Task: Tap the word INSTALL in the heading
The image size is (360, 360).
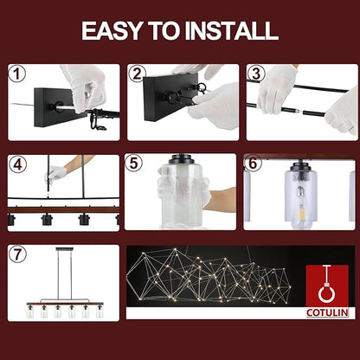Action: (231, 30)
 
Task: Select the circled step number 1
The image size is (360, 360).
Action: (17, 74)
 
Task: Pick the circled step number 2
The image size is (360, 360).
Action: (137, 74)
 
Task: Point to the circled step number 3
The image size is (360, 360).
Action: (256, 74)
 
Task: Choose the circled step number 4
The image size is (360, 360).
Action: (17, 164)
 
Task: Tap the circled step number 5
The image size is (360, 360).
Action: (134, 164)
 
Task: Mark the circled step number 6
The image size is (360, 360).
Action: (253, 164)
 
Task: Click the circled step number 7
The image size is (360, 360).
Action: (17, 254)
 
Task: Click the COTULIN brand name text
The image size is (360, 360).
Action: (327, 312)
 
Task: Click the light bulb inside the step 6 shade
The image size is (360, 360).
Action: (300, 202)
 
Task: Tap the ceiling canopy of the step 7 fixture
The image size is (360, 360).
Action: (65, 248)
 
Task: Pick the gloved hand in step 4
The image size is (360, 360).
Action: (55, 175)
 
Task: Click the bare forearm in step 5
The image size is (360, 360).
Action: (222, 200)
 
